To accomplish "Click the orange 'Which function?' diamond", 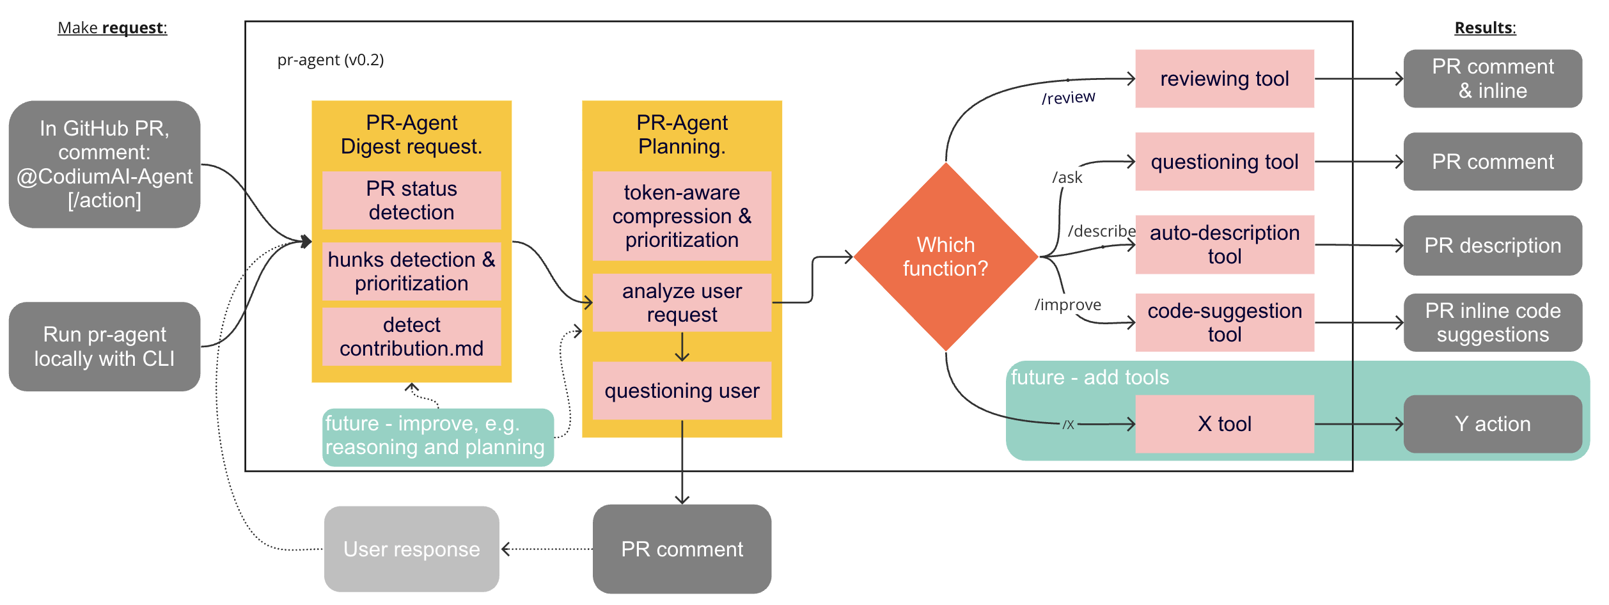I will click(945, 256).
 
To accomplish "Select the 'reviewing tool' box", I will click(1224, 79).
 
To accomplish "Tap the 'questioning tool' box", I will click(1224, 162).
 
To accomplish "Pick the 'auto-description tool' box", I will click(1224, 244).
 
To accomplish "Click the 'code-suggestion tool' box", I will click(1224, 322).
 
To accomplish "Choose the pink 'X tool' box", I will click(1224, 423).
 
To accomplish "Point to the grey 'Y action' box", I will click(1492, 423).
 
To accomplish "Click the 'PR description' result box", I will click(1492, 246).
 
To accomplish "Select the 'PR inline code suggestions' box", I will click(1492, 322).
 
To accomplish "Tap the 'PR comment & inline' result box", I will click(1492, 79).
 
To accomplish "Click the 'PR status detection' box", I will click(411, 200).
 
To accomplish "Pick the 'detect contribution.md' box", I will click(411, 336).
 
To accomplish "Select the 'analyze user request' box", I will click(682, 302).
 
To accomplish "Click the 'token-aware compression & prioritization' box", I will click(682, 216).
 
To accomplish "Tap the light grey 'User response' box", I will click(411, 549).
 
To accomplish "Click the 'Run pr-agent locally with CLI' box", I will click(104, 347).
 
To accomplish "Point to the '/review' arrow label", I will click(1068, 98).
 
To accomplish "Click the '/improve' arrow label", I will click(1067, 304).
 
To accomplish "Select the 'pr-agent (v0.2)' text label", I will click(330, 60).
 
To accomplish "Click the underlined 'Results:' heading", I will click(1484, 28).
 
